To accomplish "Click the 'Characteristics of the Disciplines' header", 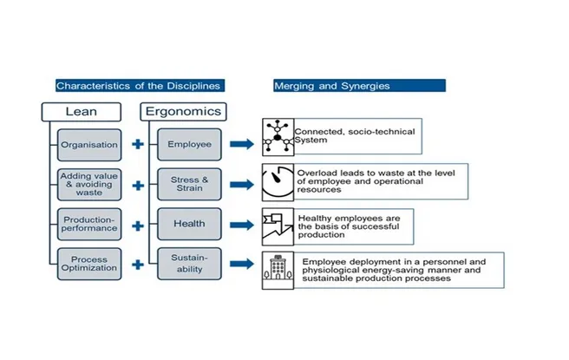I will [137, 86].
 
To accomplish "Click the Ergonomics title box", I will [183, 112].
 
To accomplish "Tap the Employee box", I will [189, 144].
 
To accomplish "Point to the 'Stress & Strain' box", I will [189, 185].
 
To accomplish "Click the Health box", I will [189, 224].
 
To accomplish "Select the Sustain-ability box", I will [189, 263].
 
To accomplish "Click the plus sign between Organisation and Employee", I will [137, 144].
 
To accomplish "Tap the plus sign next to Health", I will [137, 225].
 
